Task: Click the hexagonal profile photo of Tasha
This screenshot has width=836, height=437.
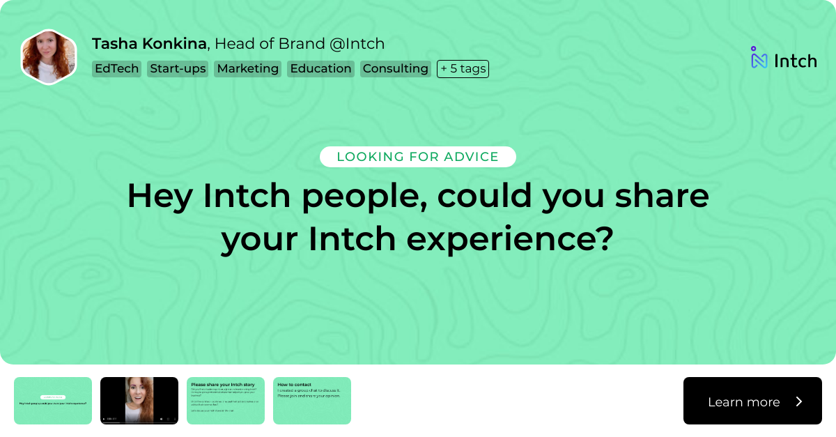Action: (48, 57)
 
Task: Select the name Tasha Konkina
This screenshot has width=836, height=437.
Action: (149, 44)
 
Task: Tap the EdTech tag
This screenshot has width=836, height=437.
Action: (116, 68)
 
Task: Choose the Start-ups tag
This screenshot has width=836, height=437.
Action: (178, 68)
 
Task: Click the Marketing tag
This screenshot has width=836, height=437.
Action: (247, 68)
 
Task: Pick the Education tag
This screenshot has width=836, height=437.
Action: (320, 68)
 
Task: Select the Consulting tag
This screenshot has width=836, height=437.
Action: (395, 68)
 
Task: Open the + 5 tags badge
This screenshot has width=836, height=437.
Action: (463, 68)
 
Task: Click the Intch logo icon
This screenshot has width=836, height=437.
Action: (759, 59)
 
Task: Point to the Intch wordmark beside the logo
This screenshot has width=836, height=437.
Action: (795, 61)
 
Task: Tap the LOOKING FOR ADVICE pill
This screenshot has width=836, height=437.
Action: (417, 157)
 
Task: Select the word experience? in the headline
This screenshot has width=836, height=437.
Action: (509, 239)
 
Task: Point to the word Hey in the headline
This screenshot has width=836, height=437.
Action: (160, 196)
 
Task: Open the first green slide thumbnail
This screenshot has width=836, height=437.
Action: (53, 401)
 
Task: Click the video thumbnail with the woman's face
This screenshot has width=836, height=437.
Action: (139, 401)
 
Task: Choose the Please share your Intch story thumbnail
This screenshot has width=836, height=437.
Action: (226, 401)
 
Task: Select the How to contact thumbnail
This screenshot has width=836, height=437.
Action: (312, 401)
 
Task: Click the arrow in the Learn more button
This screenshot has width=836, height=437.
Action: (799, 401)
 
